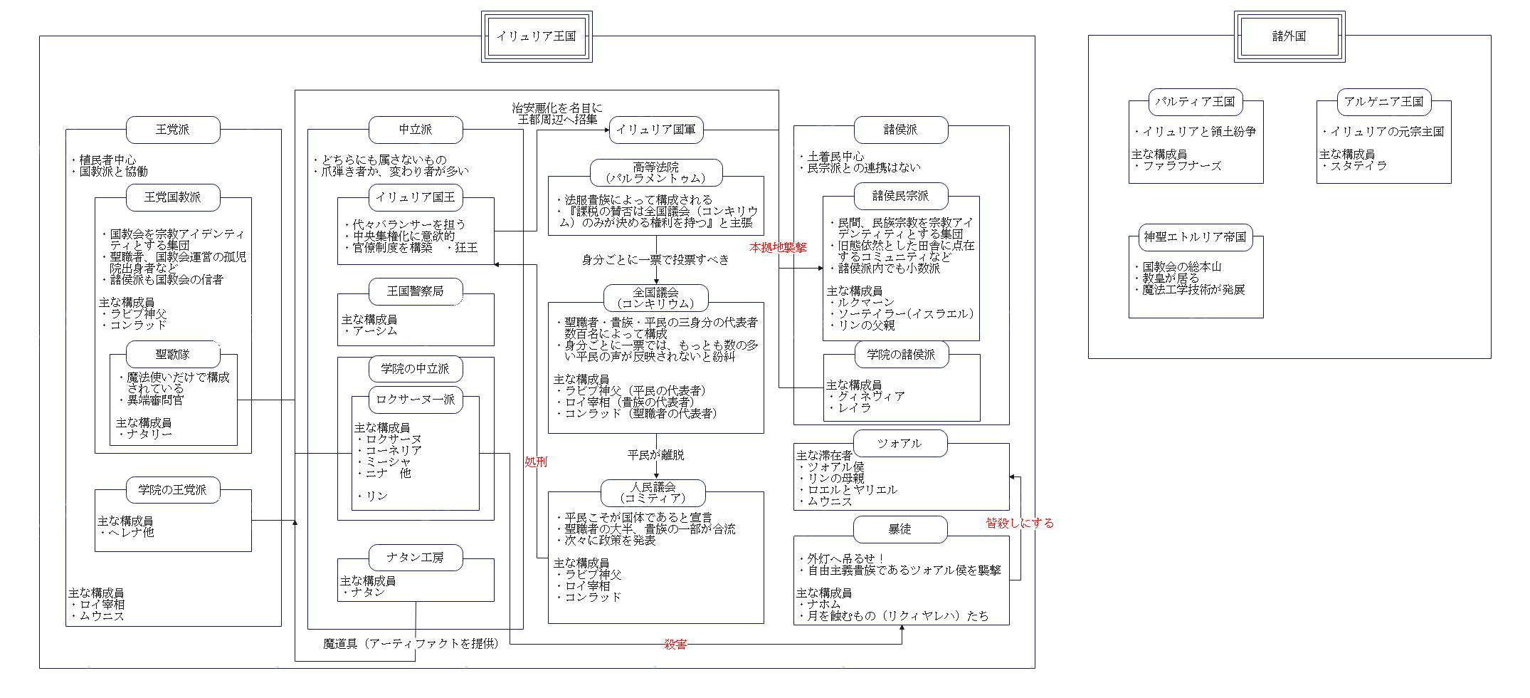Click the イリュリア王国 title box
click(536, 36)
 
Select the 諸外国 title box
click(1289, 36)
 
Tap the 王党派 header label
click(173, 130)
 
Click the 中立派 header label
click(416, 130)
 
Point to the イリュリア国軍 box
click(655, 130)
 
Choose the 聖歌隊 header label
click(173, 354)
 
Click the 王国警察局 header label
click(416, 291)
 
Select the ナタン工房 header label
click(416, 557)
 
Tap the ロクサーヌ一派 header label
click(416, 400)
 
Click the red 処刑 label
click(536, 462)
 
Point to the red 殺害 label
click(675, 645)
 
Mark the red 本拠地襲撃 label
click(778, 247)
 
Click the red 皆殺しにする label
click(1019, 523)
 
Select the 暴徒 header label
click(900, 529)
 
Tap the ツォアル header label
click(900, 443)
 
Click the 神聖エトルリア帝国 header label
click(1196, 237)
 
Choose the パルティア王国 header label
click(1196, 102)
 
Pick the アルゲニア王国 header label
click(1383, 102)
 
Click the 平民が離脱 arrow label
click(655, 454)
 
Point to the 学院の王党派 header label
click(173, 490)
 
